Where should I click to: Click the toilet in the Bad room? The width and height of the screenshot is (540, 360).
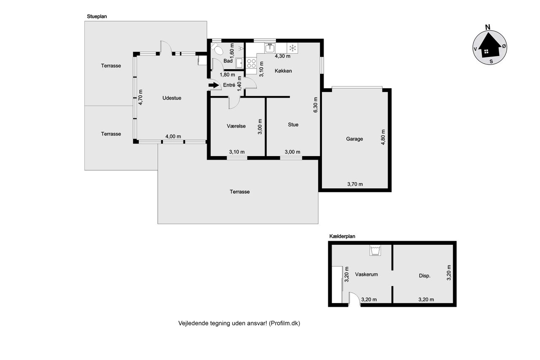click(217, 49)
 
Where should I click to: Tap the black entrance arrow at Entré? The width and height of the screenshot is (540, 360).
click(213, 85)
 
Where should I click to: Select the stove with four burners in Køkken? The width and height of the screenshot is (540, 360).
click(251, 63)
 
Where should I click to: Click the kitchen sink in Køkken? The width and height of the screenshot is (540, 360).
click(270, 48)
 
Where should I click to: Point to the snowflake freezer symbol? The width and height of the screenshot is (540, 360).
click(292, 48)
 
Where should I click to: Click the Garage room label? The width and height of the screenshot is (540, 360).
click(354, 139)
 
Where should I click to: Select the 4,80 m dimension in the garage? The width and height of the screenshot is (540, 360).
click(383, 137)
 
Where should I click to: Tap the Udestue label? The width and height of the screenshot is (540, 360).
click(172, 98)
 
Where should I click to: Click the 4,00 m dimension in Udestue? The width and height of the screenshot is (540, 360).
click(173, 136)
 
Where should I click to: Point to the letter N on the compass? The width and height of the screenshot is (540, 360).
click(488, 27)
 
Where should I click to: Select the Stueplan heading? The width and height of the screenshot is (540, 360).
click(97, 16)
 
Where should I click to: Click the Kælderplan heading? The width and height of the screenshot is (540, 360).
click(342, 236)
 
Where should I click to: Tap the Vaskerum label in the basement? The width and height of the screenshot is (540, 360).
click(367, 274)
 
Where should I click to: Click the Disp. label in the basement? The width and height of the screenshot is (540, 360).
click(424, 276)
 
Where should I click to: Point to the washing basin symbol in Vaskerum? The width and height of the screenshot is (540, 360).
click(375, 250)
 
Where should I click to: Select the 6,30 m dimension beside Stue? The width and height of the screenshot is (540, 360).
click(316, 105)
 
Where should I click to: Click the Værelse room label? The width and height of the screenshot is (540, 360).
click(236, 126)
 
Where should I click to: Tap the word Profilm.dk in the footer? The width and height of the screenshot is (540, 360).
click(284, 323)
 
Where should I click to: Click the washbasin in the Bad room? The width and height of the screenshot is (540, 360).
click(240, 63)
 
